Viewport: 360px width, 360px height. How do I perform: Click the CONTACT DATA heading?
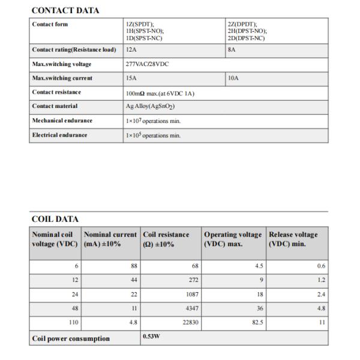pos(65,10)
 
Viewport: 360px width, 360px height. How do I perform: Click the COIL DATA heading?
pos(55,219)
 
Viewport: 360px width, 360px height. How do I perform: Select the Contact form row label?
pos(50,24)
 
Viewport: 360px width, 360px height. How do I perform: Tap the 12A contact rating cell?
pos(132,50)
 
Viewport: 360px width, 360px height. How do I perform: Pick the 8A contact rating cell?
pos(232,50)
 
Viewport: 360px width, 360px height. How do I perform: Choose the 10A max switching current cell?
pos(233,78)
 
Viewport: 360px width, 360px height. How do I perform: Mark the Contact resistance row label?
pos(56,92)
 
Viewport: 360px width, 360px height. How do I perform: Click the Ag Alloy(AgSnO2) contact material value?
pos(150,106)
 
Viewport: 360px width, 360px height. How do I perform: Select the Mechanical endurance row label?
pos(62,121)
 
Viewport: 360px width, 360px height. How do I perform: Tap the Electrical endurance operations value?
pos(153,135)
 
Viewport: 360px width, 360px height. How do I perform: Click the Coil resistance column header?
pos(166,239)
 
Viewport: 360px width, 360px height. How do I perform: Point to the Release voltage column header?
pos(293,239)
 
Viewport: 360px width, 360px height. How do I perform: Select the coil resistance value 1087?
pos(191,294)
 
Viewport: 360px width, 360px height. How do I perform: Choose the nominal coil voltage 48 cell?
pos(74,308)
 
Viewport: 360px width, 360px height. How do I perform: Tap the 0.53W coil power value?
pos(152,337)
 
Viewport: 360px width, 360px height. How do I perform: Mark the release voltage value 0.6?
pos(322,266)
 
